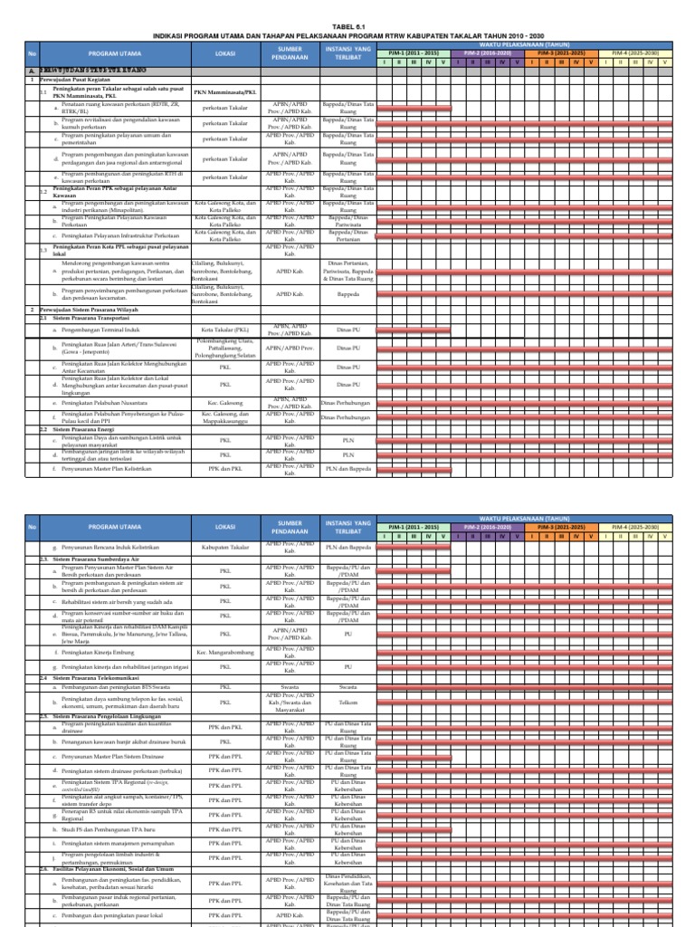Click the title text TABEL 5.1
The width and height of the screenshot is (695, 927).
(347, 27)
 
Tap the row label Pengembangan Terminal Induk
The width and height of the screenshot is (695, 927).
(100, 330)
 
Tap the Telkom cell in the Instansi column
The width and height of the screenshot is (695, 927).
(347, 701)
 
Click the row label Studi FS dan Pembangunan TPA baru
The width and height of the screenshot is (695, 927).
(109, 827)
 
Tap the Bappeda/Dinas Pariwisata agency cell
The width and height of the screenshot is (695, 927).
(347, 220)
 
